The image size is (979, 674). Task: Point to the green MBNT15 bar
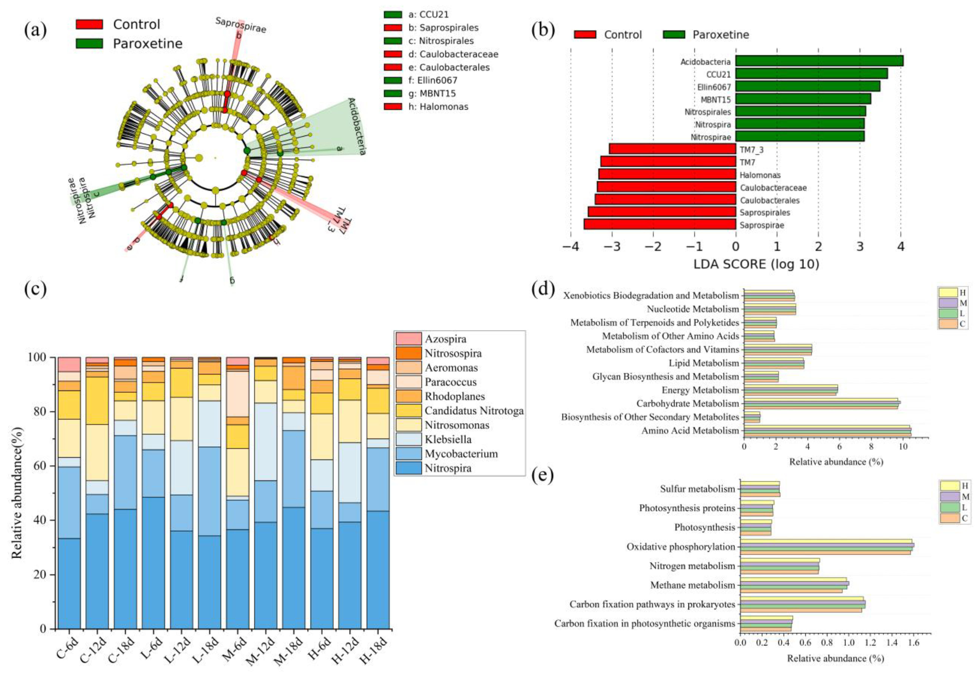(x=802, y=99)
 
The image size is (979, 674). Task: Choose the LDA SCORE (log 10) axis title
(x=756, y=265)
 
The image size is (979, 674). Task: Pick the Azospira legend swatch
(x=408, y=339)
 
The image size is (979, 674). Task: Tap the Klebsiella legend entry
(x=448, y=439)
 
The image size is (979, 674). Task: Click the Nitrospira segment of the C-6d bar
(x=69, y=583)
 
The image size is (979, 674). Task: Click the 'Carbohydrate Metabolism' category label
(x=688, y=403)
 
